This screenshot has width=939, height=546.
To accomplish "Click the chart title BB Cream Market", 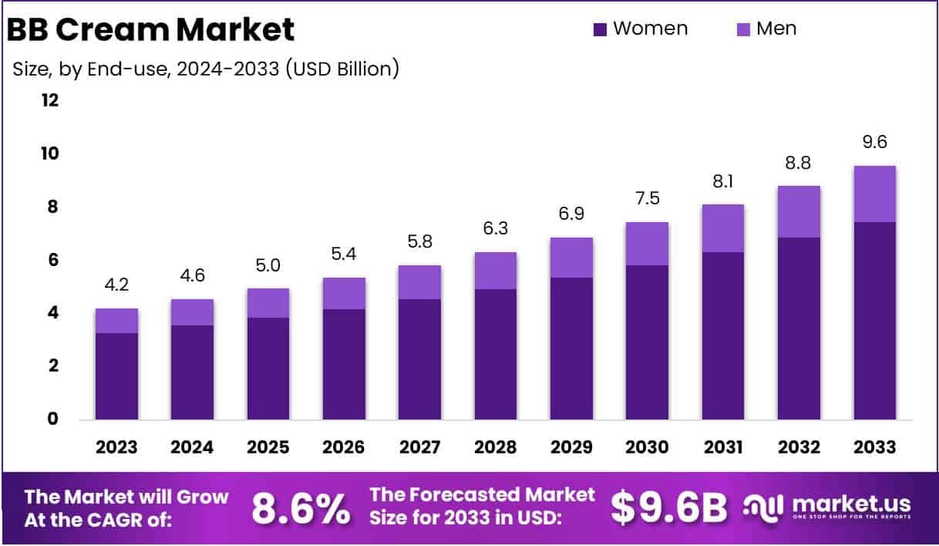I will [x=151, y=29].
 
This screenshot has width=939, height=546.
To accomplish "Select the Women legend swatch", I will [x=601, y=29].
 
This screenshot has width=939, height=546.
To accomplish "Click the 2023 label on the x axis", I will [x=116, y=447].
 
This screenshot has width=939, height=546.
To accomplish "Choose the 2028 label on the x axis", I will [x=496, y=447].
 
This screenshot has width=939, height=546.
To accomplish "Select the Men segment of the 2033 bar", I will [x=874, y=194].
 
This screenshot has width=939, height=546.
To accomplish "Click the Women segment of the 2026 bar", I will [x=344, y=364].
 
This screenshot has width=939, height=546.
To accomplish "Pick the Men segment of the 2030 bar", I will [x=647, y=244].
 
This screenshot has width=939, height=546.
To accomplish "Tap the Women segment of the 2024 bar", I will [x=192, y=372].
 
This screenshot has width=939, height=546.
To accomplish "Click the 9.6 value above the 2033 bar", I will [x=874, y=143].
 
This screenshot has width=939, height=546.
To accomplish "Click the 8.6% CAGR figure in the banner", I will [x=300, y=507].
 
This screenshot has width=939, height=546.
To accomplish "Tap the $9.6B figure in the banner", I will [x=668, y=507].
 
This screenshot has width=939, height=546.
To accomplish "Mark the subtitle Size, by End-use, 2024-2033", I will [x=206, y=69].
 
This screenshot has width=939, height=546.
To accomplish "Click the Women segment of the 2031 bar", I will [x=722, y=335].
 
